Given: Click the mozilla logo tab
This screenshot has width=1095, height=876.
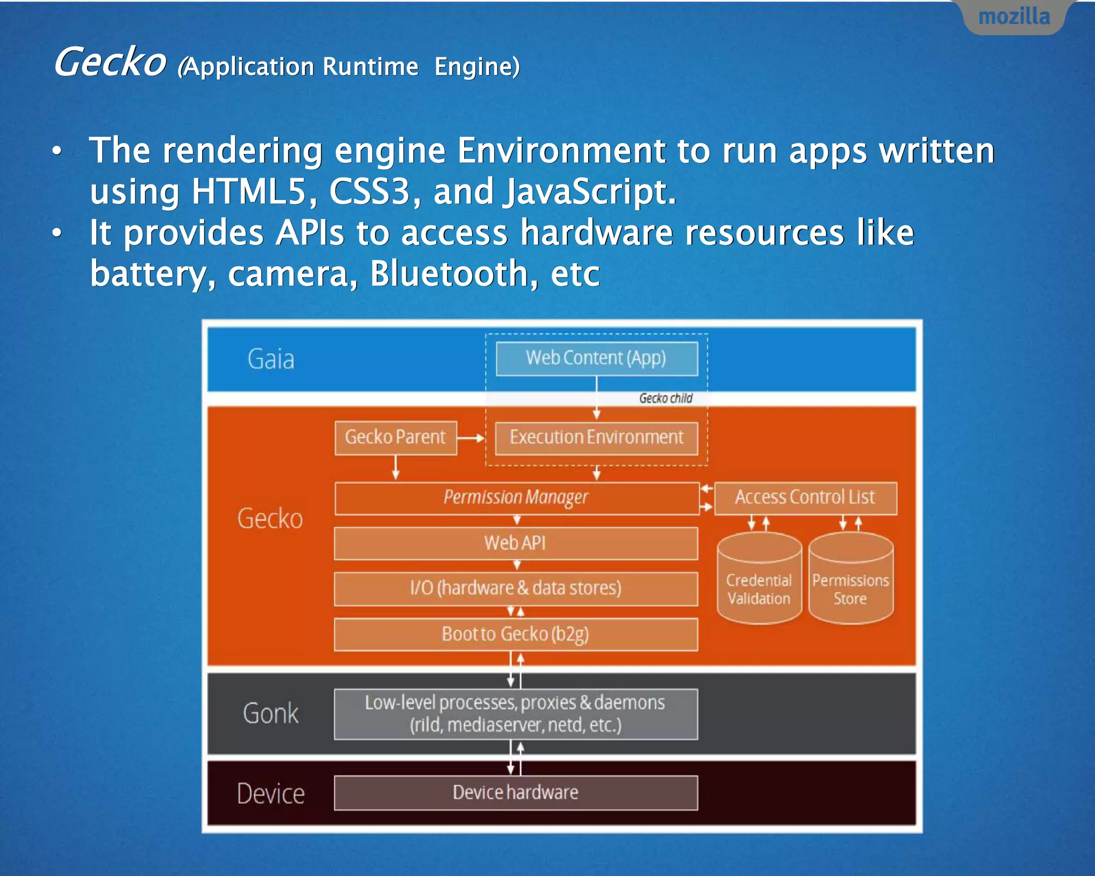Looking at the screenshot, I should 1014,17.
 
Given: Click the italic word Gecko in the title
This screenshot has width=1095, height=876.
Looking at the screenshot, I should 110,62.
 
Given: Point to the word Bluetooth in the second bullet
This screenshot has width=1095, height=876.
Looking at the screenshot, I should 449,273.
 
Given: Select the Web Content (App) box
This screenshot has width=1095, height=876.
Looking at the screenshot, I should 596,358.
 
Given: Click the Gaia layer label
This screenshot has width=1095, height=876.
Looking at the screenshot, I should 271,359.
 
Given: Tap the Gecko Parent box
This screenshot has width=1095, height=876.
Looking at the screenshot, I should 396,437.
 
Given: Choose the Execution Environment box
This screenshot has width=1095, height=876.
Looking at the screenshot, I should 596,437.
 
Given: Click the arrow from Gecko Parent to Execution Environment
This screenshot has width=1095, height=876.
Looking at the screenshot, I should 471,437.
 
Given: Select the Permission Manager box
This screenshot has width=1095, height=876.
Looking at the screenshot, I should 516,498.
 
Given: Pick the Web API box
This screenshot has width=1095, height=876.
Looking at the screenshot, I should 516,543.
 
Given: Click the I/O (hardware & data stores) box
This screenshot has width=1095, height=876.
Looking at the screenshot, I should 516,588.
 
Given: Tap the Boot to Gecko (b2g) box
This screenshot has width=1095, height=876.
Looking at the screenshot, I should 516,634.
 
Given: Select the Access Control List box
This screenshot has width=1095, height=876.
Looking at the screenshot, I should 805,498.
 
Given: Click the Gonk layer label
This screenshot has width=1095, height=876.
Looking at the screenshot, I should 271,713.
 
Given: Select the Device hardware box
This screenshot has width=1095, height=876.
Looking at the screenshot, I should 516,793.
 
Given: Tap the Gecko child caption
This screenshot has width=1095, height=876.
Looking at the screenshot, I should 666,398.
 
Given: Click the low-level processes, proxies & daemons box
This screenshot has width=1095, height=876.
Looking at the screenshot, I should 516,714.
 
